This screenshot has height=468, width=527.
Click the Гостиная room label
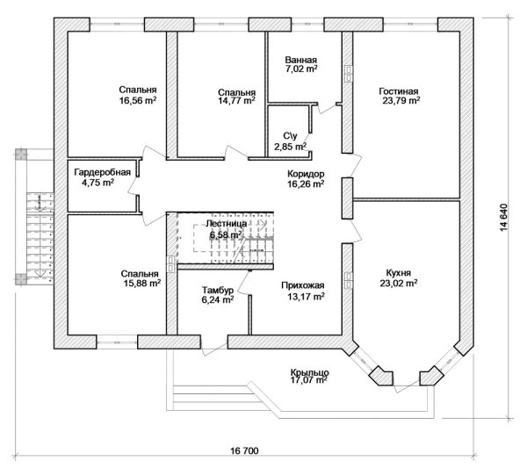pyautogui.click(x=400, y=90)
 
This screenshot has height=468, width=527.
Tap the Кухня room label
pyautogui.click(x=399, y=272)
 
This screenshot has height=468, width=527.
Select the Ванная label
pyautogui.click(x=301, y=60)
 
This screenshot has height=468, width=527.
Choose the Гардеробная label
pyautogui.click(x=103, y=172)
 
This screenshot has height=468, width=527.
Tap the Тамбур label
pyautogui.click(x=216, y=289)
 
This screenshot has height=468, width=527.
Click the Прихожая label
pyautogui.click(x=304, y=284)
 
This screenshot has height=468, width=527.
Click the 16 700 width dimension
pyautogui.click(x=245, y=450)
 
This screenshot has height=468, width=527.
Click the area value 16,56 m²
pyautogui.click(x=138, y=101)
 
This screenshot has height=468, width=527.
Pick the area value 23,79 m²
pyautogui.click(x=400, y=101)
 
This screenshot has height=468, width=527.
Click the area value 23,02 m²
pyautogui.click(x=399, y=284)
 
